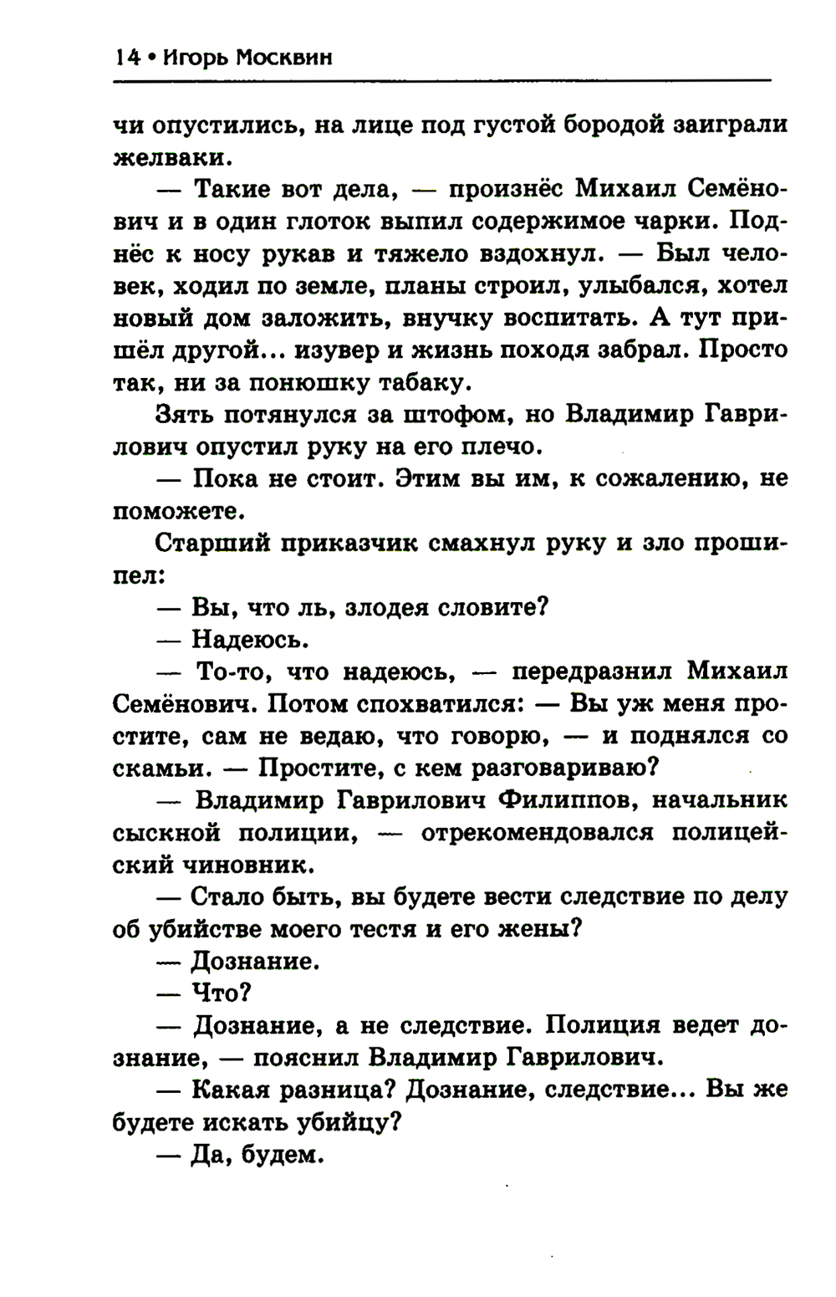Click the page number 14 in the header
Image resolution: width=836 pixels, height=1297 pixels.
click(x=126, y=58)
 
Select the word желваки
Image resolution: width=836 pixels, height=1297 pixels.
click(x=167, y=158)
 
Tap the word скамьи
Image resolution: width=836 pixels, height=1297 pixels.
click(x=154, y=768)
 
